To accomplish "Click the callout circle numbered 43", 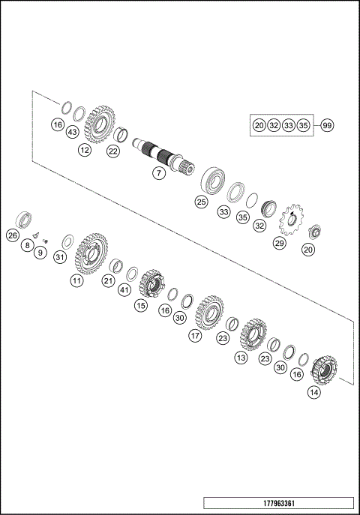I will tap(72, 132).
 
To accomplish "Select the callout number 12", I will tap(84, 151).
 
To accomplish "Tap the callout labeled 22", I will tap(112, 151).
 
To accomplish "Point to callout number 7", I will tap(159, 173).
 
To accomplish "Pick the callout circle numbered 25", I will tap(201, 202).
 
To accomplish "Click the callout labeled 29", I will tap(279, 244).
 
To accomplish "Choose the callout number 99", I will tap(327, 126).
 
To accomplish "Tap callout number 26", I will tap(13, 235).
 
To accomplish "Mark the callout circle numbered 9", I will tap(40, 254).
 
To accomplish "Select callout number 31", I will tap(60, 257).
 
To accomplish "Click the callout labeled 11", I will tap(76, 280).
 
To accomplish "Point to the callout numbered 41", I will tap(124, 289).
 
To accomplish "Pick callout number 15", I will tap(141, 305).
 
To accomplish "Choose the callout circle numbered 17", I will tap(195, 337).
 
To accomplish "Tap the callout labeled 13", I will tap(241, 358).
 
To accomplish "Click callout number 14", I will tap(313, 391).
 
